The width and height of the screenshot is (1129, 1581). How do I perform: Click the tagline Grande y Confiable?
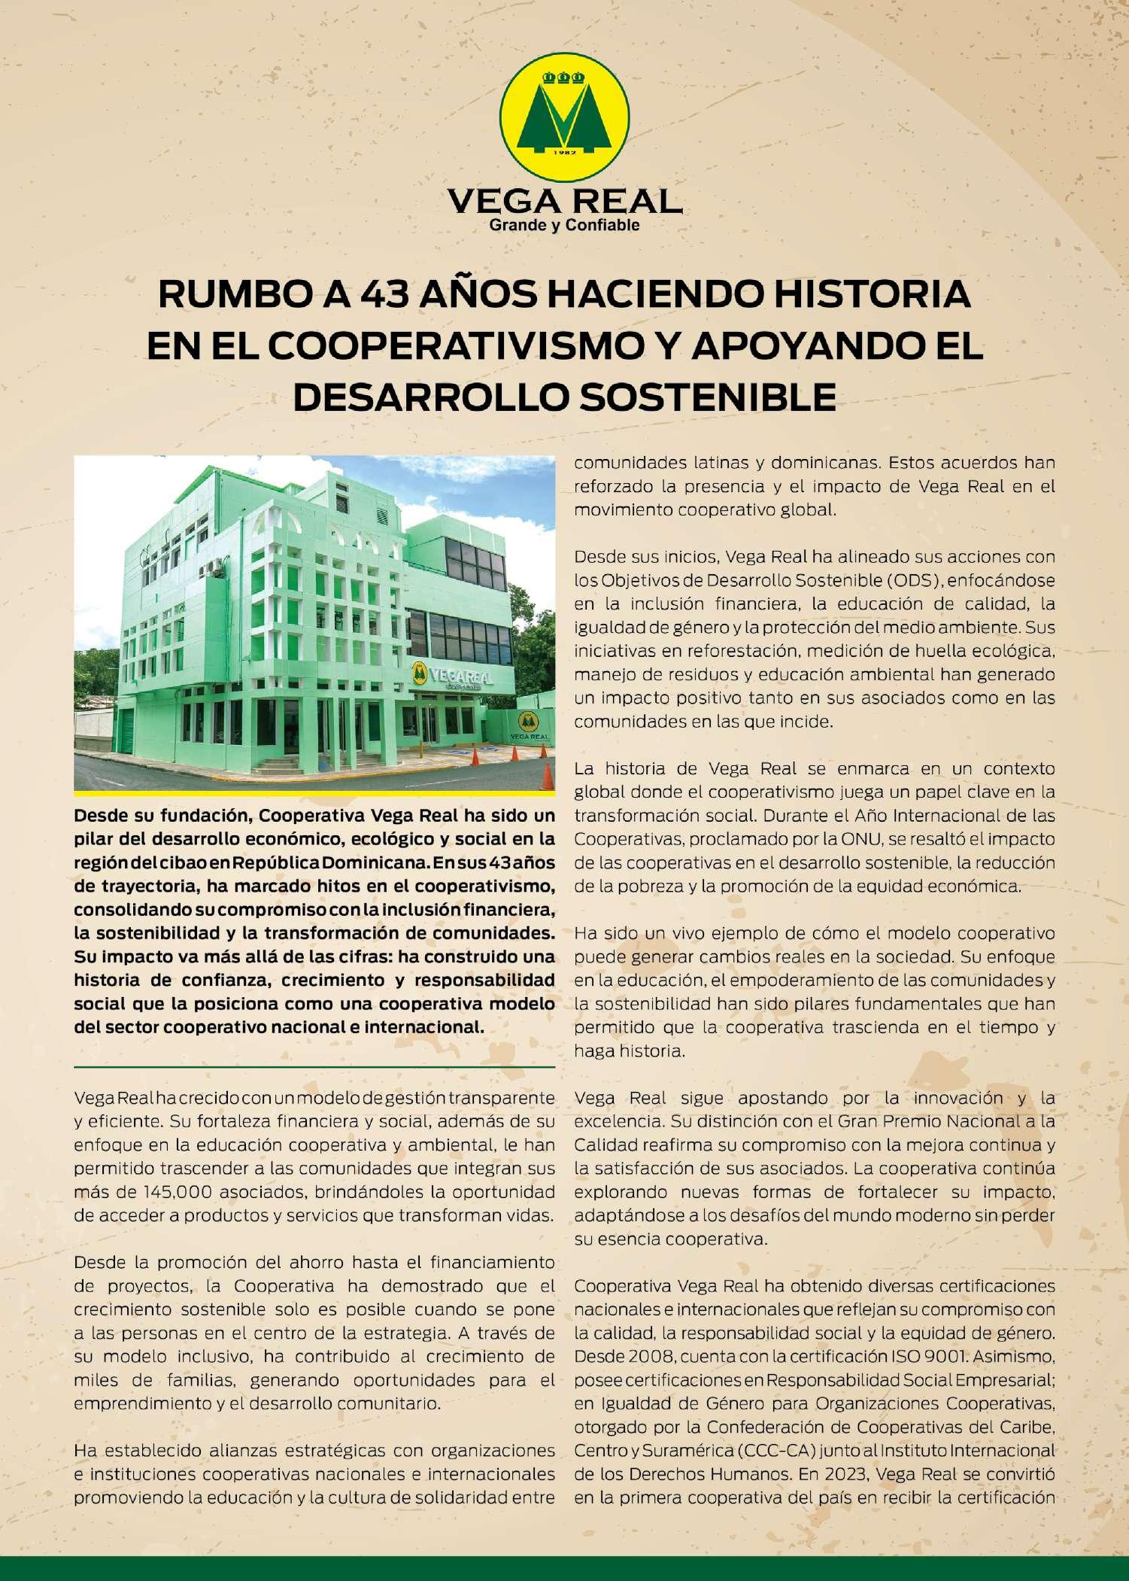pos(565,225)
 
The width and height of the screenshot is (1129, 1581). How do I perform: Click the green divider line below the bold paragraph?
pos(314,1067)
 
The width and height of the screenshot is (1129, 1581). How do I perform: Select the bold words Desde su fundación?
pos(154,816)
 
